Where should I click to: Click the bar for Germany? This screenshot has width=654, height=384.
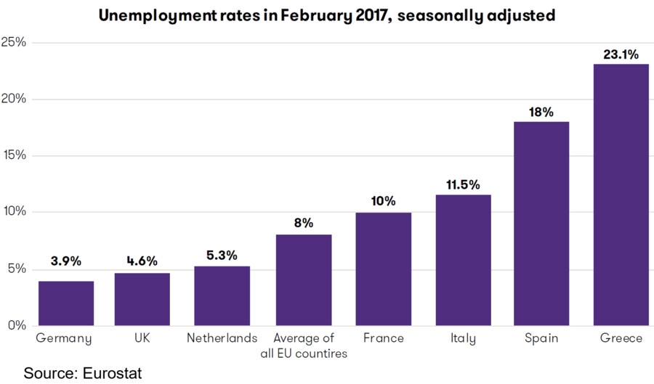66,303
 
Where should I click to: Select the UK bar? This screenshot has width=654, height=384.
142,299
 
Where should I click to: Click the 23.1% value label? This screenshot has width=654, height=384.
621,54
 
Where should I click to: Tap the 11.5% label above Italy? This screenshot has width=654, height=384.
463,184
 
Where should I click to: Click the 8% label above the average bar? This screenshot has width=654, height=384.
303,223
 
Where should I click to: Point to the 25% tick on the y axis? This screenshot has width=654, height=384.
14,42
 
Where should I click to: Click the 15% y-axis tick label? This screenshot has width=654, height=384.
14,155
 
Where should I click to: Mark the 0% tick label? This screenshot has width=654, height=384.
17,325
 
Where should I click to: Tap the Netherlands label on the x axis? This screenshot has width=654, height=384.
222,338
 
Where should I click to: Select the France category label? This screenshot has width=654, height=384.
383,338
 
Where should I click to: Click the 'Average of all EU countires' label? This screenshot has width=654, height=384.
303,346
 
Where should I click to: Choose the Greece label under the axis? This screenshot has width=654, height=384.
621,338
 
